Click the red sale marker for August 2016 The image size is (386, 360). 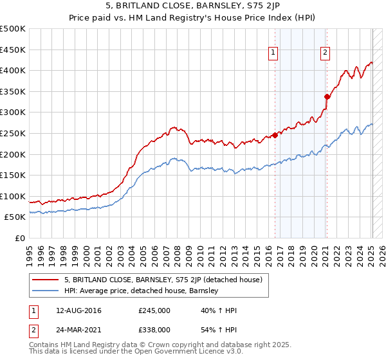(x=275, y=135)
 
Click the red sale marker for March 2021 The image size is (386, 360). (x=327, y=96)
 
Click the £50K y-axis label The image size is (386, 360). (x=15, y=217)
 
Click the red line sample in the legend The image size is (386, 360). (x=46, y=280)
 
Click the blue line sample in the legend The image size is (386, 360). (x=46, y=291)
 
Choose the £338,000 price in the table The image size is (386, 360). (x=154, y=329)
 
